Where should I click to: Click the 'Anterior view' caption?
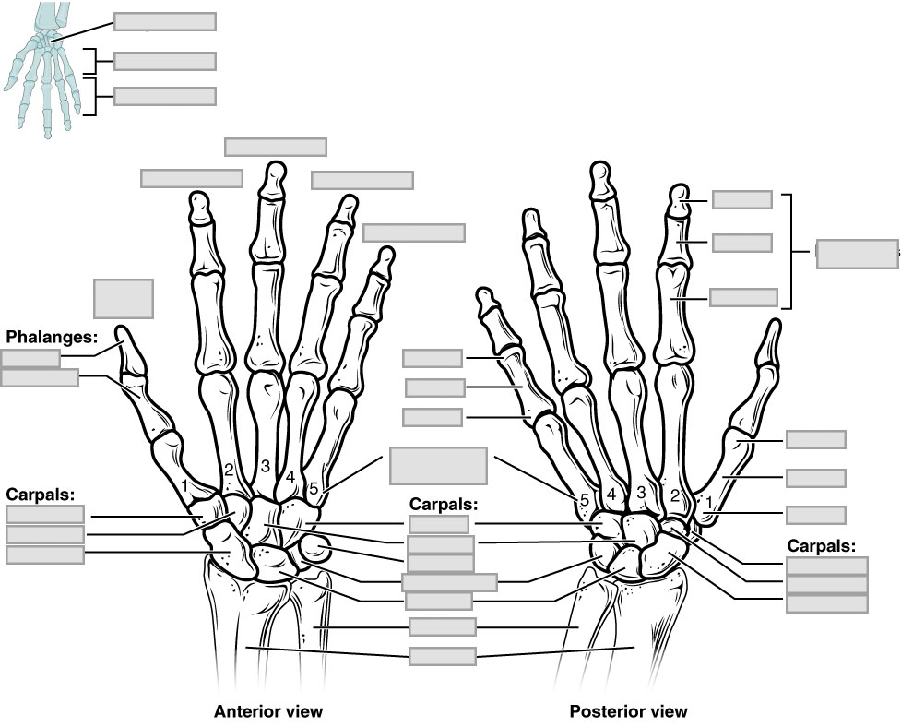(268, 711)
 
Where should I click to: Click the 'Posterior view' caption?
(628, 711)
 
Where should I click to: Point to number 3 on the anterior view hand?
(266, 466)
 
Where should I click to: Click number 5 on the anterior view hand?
(314, 489)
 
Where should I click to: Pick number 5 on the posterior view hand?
(584, 499)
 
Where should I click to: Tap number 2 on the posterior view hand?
(674, 496)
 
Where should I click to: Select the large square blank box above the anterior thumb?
(123, 297)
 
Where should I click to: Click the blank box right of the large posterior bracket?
(856, 254)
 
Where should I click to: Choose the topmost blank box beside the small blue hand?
(164, 22)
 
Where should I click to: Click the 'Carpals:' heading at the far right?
(821, 545)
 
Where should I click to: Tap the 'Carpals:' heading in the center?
(443, 505)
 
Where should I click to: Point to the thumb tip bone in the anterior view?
(126, 346)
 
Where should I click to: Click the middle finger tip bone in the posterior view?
(600, 180)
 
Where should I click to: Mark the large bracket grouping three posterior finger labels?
(790, 251)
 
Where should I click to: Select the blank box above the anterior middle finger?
(275, 147)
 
